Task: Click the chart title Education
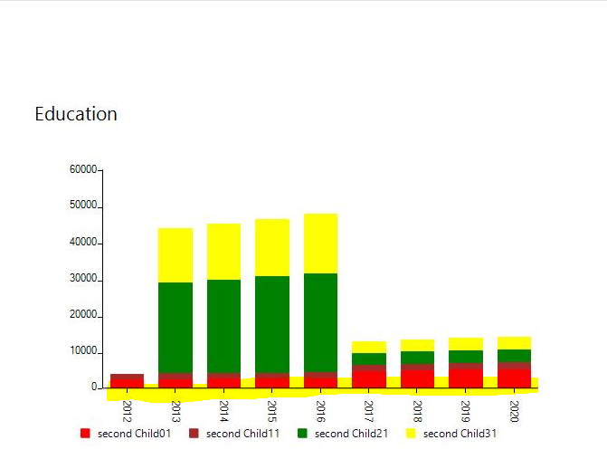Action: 76,114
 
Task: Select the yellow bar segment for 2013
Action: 175,254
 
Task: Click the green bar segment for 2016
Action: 320,322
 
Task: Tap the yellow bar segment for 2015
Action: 272,247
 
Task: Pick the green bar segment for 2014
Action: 223,326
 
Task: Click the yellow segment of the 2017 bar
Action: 369,347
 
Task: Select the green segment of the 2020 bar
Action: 514,356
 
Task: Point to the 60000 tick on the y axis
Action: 83,169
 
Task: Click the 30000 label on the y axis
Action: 83,279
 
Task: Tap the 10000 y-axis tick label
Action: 83,351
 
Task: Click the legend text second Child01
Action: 134,434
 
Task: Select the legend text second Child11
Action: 242,434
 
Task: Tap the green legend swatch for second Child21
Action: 302,434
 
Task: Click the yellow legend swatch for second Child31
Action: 411,434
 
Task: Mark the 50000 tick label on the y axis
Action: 83,206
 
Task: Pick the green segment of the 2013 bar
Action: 175,327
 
